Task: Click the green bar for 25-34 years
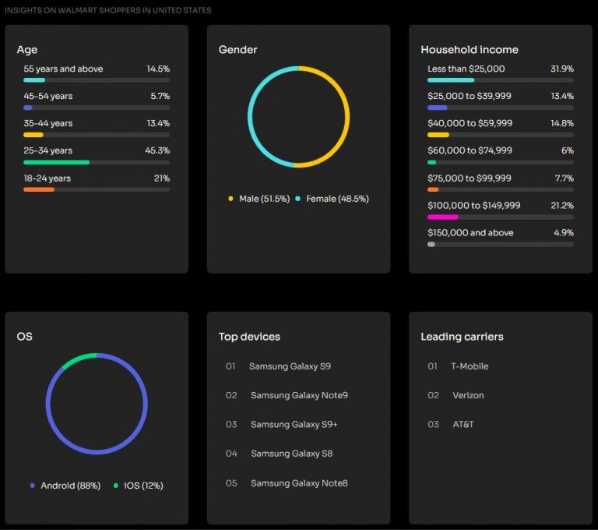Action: [56, 162]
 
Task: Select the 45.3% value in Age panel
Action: [157, 150]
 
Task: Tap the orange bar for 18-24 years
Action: [39, 189]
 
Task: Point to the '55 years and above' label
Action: [63, 69]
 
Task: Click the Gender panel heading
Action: [237, 49]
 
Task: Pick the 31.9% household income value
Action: [561, 69]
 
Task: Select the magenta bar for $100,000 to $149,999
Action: [442, 217]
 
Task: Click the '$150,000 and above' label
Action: [470, 232]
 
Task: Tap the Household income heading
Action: [469, 49]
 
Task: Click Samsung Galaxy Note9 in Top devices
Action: [299, 395]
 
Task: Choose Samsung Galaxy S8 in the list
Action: [291, 454]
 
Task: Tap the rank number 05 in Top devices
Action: [230, 483]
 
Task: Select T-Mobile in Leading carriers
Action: [470, 366]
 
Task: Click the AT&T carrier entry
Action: [463, 425]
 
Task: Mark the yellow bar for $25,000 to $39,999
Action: [437, 108]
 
